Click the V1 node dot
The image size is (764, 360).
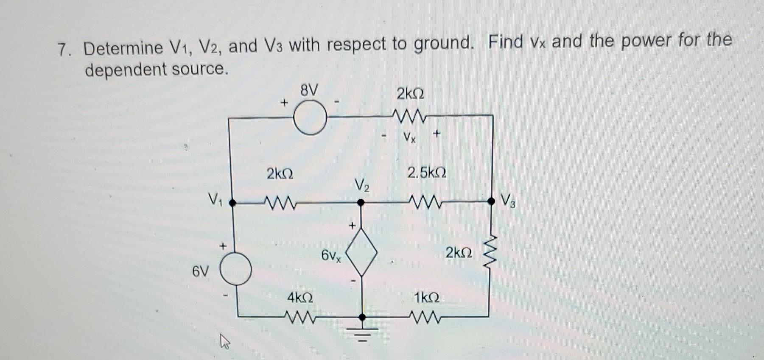tap(232, 203)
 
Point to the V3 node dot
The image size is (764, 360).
tap(491, 201)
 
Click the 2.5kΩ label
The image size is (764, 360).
tap(426, 173)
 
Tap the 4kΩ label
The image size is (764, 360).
tap(300, 297)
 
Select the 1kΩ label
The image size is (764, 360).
tap(426, 297)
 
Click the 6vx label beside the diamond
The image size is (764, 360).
tap(331, 256)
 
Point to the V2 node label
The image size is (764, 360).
tap(362, 185)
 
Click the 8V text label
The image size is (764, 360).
tap(308, 90)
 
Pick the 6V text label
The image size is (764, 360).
tap(201, 271)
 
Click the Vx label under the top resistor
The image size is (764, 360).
tap(409, 137)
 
